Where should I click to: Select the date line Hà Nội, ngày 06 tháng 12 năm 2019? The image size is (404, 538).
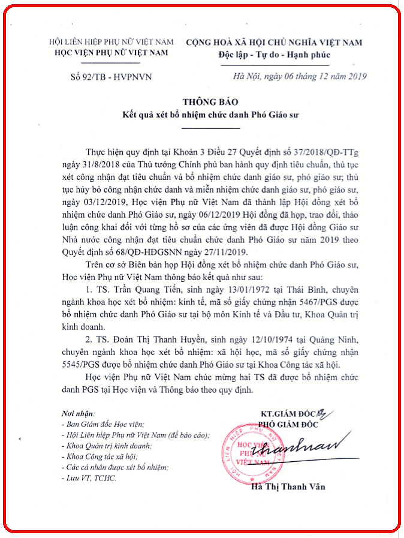[300, 76]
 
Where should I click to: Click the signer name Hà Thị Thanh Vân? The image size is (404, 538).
[288, 487]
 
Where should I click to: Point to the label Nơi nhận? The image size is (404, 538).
[79, 414]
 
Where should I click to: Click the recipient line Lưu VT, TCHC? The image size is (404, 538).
[90, 478]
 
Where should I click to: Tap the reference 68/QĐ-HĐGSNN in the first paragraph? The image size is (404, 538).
[147, 252]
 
